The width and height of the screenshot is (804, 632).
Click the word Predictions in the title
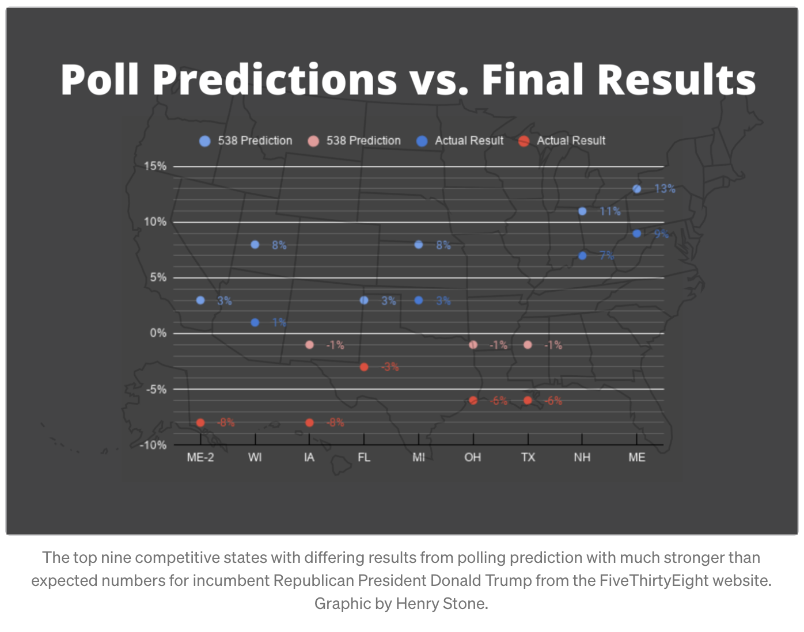point(275,79)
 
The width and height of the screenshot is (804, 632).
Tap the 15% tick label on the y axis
point(155,166)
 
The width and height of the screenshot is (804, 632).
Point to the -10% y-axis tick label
point(153,445)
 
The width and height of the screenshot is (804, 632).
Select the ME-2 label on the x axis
point(200,458)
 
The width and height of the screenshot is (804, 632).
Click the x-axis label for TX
point(528,458)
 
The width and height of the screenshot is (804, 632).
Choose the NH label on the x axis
point(582,458)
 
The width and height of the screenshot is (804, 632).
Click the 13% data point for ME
point(637,189)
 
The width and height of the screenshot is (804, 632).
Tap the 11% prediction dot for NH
point(582,211)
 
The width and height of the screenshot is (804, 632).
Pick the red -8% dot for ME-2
point(200,422)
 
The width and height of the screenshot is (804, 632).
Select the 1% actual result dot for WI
point(255,322)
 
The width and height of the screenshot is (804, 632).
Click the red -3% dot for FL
point(364,367)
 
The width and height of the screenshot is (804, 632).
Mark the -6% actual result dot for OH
point(473,401)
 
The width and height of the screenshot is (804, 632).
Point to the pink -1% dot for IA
point(309,345)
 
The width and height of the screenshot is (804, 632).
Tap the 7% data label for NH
point(606,256)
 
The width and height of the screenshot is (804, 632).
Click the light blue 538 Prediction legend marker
point(205,141)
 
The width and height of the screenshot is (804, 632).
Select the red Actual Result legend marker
point(524,141)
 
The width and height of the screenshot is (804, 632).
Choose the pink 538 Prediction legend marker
point(313,141)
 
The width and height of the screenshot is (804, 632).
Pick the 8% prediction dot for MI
point(419,245)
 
